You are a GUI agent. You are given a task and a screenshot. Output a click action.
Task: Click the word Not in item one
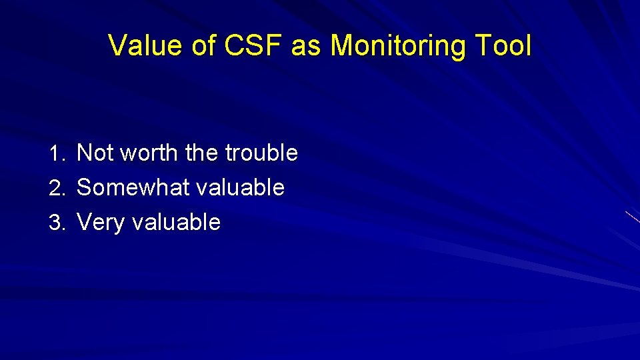point(95,153)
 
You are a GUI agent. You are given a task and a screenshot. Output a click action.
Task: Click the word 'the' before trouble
point(202,153)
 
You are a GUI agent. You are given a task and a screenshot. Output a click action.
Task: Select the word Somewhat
point(133,188)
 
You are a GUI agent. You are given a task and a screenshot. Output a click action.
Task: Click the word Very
point(101,223)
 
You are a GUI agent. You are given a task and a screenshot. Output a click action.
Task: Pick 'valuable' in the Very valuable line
point(176,223)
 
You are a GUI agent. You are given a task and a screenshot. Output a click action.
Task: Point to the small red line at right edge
point(633,216)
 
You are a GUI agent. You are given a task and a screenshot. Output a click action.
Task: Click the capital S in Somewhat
point(85,188)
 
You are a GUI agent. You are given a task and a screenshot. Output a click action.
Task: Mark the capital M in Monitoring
point(343,46)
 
